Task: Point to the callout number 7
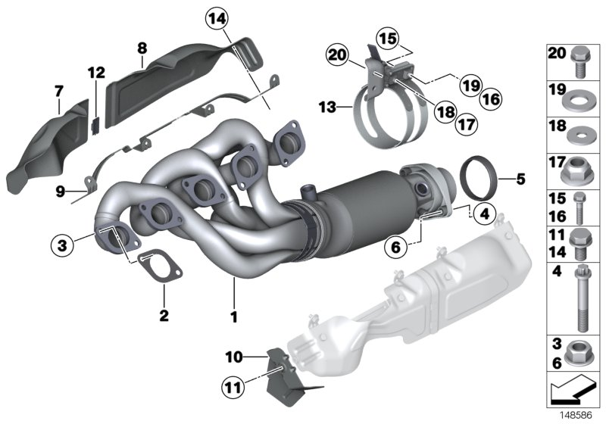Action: (58, 92)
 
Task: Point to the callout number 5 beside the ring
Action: (520, 179)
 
